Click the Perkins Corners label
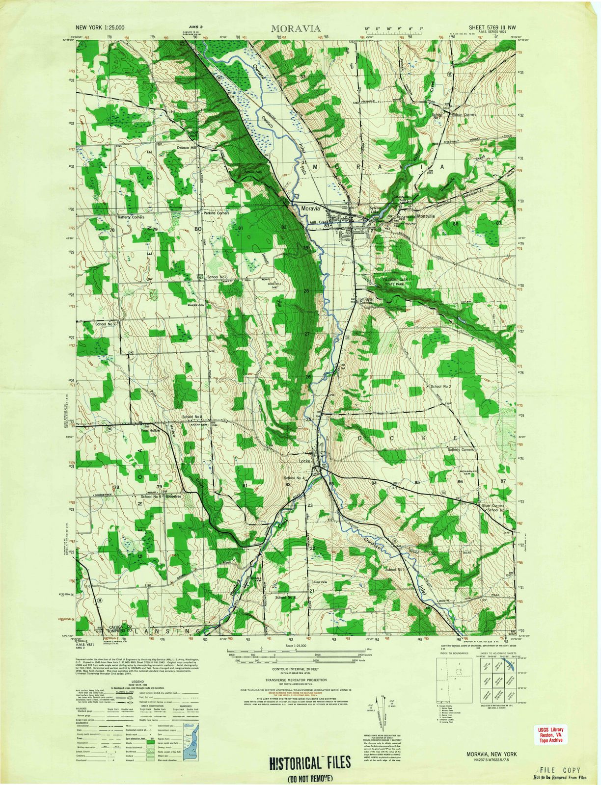217,213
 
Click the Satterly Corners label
461,449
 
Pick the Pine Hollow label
151,431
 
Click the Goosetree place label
174,497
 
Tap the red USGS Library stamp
551,735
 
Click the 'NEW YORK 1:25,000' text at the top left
100,29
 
